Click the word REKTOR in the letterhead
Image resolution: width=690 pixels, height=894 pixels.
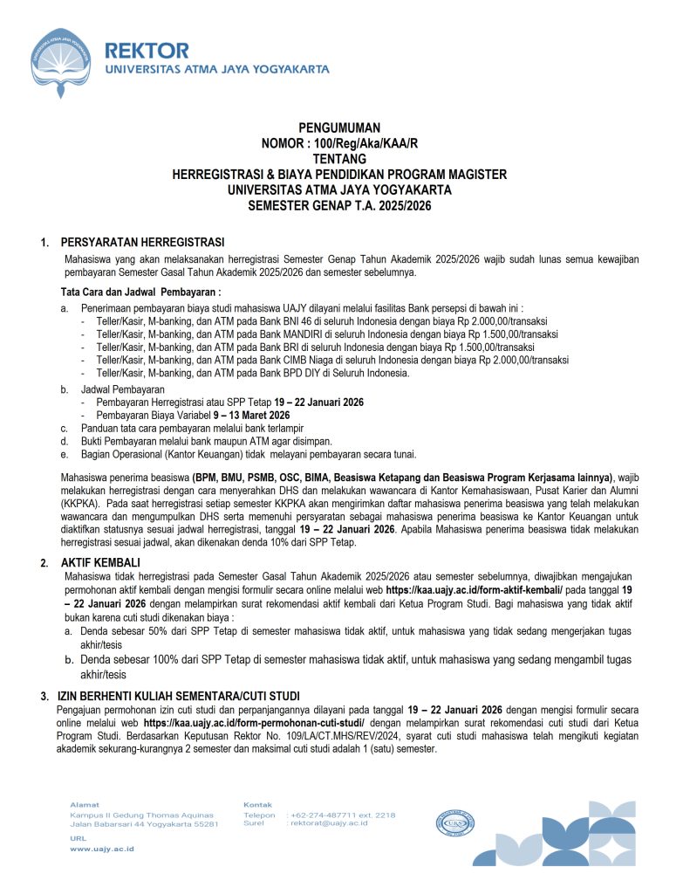point(146,50)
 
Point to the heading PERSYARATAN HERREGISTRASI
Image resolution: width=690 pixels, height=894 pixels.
point(142,241)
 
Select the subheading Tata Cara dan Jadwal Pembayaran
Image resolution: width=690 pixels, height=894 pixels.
point(140,291)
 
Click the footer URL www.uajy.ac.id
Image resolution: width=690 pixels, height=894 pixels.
point(102,849)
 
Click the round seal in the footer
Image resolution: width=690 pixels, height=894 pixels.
point(455,823)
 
